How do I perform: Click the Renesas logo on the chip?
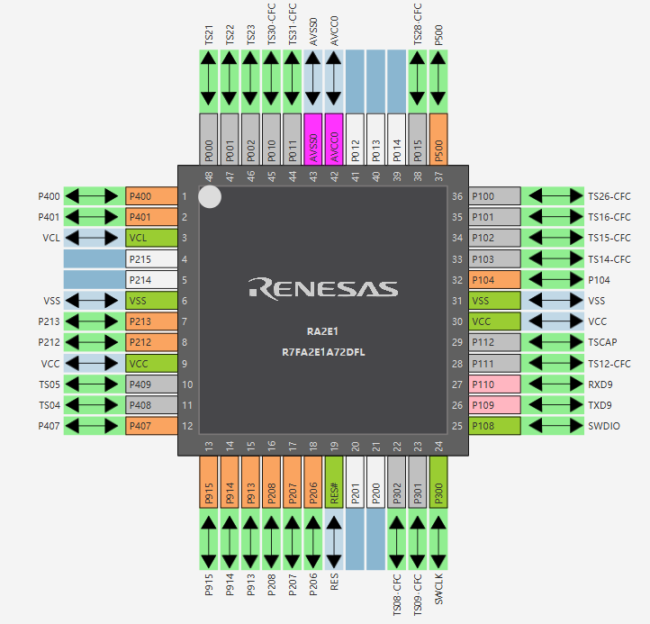pyautogui.click(x=323, y=288)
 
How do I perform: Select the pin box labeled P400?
pyautogui.click(x=151, y=196)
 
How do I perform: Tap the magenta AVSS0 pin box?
pyautogui.click(x=313, y=140)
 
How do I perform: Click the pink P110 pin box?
pyautogui.click(x=494, y=384)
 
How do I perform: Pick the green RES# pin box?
pyautogui.click(x=334, y=483)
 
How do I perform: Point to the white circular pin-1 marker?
pyautogui.click(x=210, y=196)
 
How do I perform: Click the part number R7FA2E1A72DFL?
pyautogui.click(x=323, y=352)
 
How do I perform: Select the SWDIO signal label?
pyautogui.click(x=604, y=426)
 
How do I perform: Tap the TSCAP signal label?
pyautogui.click(x=602, y=342)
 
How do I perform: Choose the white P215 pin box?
pyautogui.click(x=151, y=259)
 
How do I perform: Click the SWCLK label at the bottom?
pyautogui.click(x=438, y=589)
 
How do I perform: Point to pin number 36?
pyautogui.click(x=457, y=196)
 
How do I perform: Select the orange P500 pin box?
pyautogui.click(x=438, y=140)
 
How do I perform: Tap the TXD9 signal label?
pyautogui.click(x=600, y=405)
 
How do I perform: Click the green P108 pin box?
pyautogui.click(x=494, y=426)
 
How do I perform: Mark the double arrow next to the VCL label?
pyautogui.click(x=92, y=238)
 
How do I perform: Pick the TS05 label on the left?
pyautogui.click(x=50, y=384)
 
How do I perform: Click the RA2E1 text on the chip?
pyautogui.click(x=322, y=331)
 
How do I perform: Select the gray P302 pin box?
pyautogui.click(x=397, y=483)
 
